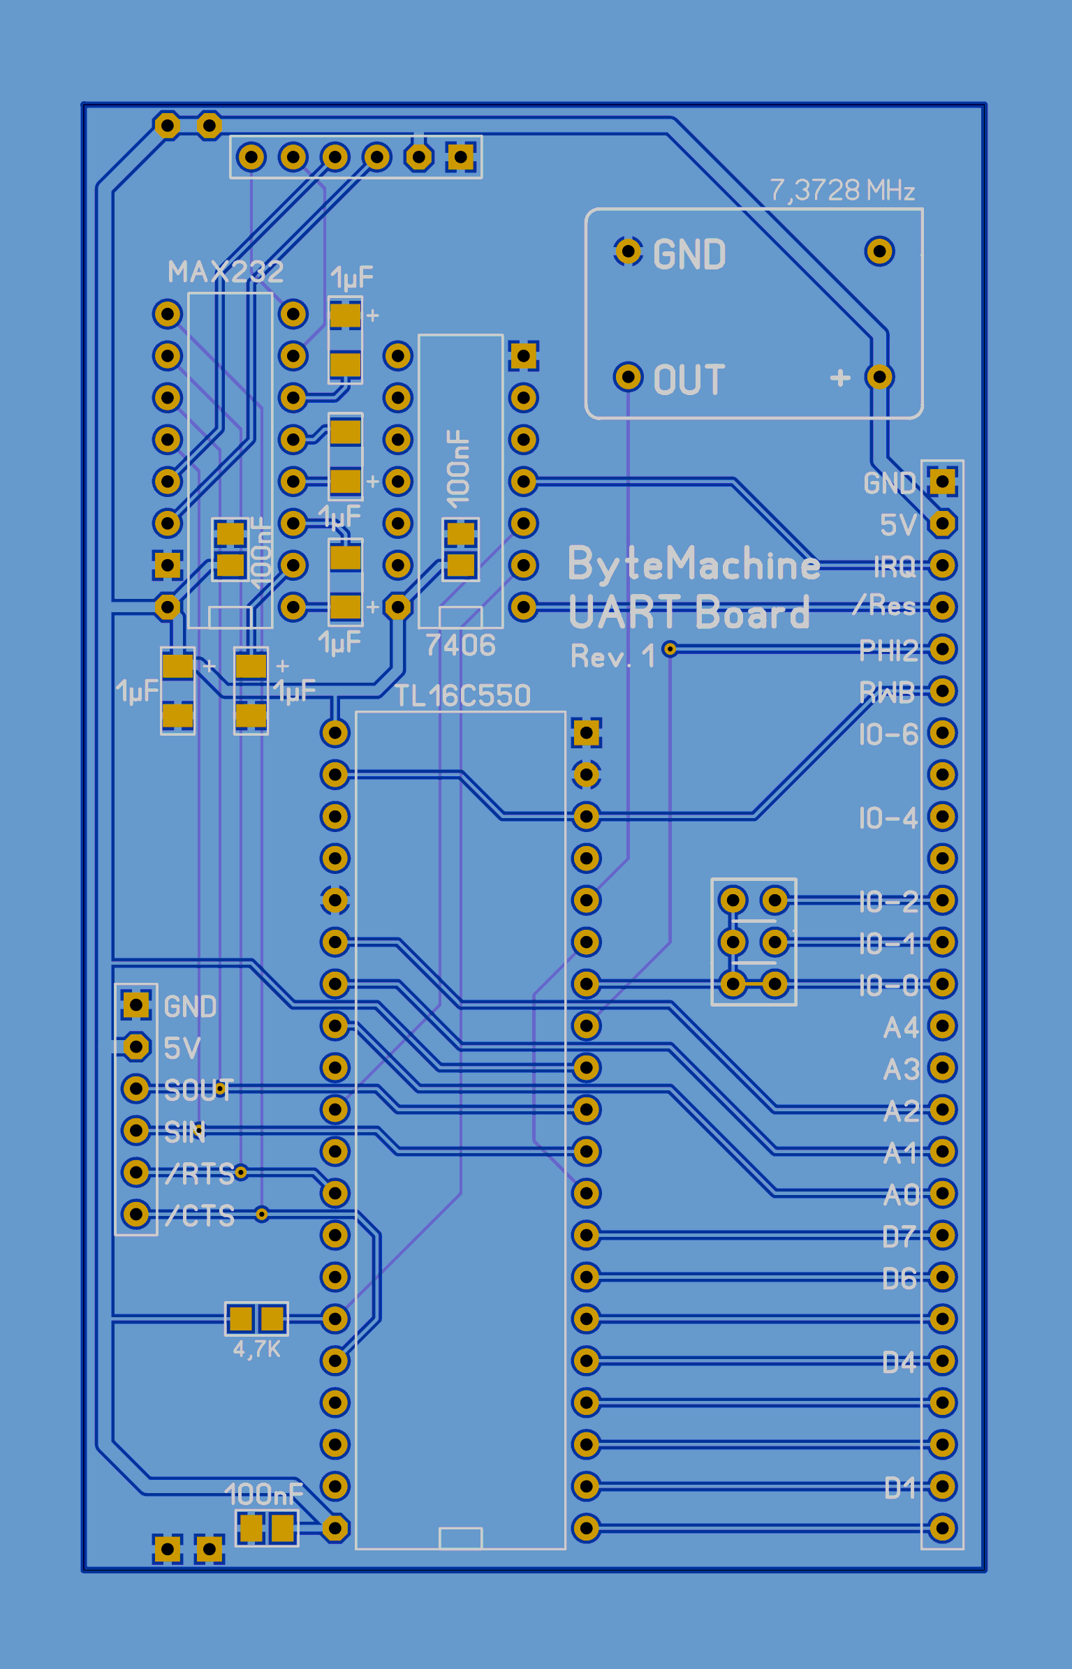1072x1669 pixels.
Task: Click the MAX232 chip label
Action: click(226, 272)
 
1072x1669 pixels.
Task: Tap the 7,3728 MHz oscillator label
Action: click(842, 191)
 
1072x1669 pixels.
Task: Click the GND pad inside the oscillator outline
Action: click(628, 251)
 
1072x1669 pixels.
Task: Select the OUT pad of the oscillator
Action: click(628, 377)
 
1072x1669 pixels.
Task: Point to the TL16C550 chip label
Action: click(463, 696)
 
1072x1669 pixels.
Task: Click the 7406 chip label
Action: click(460, 646)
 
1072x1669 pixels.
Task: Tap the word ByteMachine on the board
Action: click(693, 564)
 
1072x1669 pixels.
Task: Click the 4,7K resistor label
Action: click(256, 1349)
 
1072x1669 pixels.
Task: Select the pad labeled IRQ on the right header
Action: click(942, 565)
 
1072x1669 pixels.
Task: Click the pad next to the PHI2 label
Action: click(942, 649)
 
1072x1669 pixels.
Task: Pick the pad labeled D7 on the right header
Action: click(942, 1236)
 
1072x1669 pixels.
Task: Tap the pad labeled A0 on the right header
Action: click(942, 1194)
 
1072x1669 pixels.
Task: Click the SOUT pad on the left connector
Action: click(136, 1088)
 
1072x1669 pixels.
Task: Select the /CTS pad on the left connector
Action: click(136, 1214)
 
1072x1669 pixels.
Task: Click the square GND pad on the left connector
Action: click(136, 1005)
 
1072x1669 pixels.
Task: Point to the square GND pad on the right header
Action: click(942, 481)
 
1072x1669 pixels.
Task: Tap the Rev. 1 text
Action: click(612, 657)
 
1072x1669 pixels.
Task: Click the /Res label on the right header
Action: click(885, 606)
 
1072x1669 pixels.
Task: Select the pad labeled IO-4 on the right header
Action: click(942, 817)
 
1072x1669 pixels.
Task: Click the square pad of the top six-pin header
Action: click(461, 157)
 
